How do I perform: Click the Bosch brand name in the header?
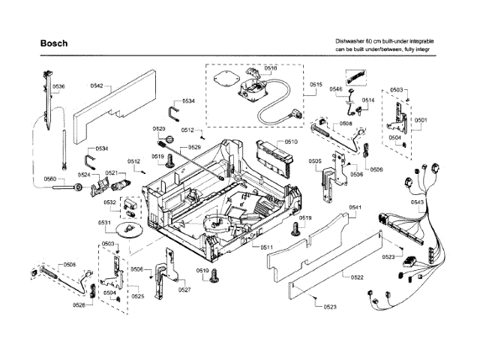pyautogui.click(x=54, y=43)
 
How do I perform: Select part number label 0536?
pyautogui.click(x=58, y=87)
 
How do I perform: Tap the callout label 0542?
pyautogui.click(x=97, y=86)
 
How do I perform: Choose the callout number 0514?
pyautogui.click(x=368, y=100)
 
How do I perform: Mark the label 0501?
pyautogui.click(x=421, y=120)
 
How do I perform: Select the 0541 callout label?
pyautogui.click(x=355, y=207)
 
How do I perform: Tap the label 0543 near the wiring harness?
pyautogui.click(x=418, y=202)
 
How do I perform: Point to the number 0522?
pyautogui.click(x=357, y=277)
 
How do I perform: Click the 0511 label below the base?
pyautogui.click(x=266, y=247)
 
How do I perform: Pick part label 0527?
pyautogui.click(x=184, y=290)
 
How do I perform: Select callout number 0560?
pyautogui.click(x=50, y=178)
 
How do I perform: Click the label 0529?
pyautogui.click(x=194, y=148)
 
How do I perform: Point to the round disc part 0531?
pyautogui.click(x=130, y=229)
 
